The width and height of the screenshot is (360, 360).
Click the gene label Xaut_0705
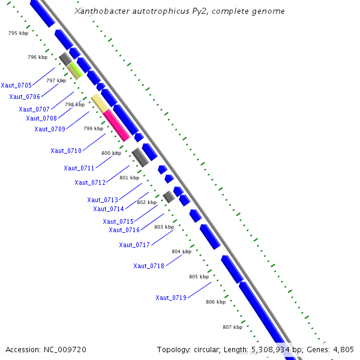click(16, 85)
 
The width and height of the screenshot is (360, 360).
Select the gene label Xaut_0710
click(66, 151)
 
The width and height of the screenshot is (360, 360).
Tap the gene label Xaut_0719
click(171, 298)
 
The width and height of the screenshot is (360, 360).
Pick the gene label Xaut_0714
click(109, 209)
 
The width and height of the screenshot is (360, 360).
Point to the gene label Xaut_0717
click(134, 245)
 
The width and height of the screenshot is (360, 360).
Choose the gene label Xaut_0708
click(41, 118)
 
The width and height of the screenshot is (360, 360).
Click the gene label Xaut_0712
click(90, 182)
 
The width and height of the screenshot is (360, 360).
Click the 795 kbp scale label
click(18, 34)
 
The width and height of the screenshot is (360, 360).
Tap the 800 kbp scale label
click(111, 154)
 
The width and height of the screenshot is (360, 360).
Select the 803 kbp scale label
click(164, 227)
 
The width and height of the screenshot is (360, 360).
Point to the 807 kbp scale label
click(232, 327)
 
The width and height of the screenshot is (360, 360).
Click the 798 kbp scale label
click(74, 104)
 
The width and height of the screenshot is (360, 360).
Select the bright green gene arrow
click(77, 68)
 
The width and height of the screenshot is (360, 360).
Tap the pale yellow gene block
click(100, 102)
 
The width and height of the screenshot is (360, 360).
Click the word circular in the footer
click(215, 349)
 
